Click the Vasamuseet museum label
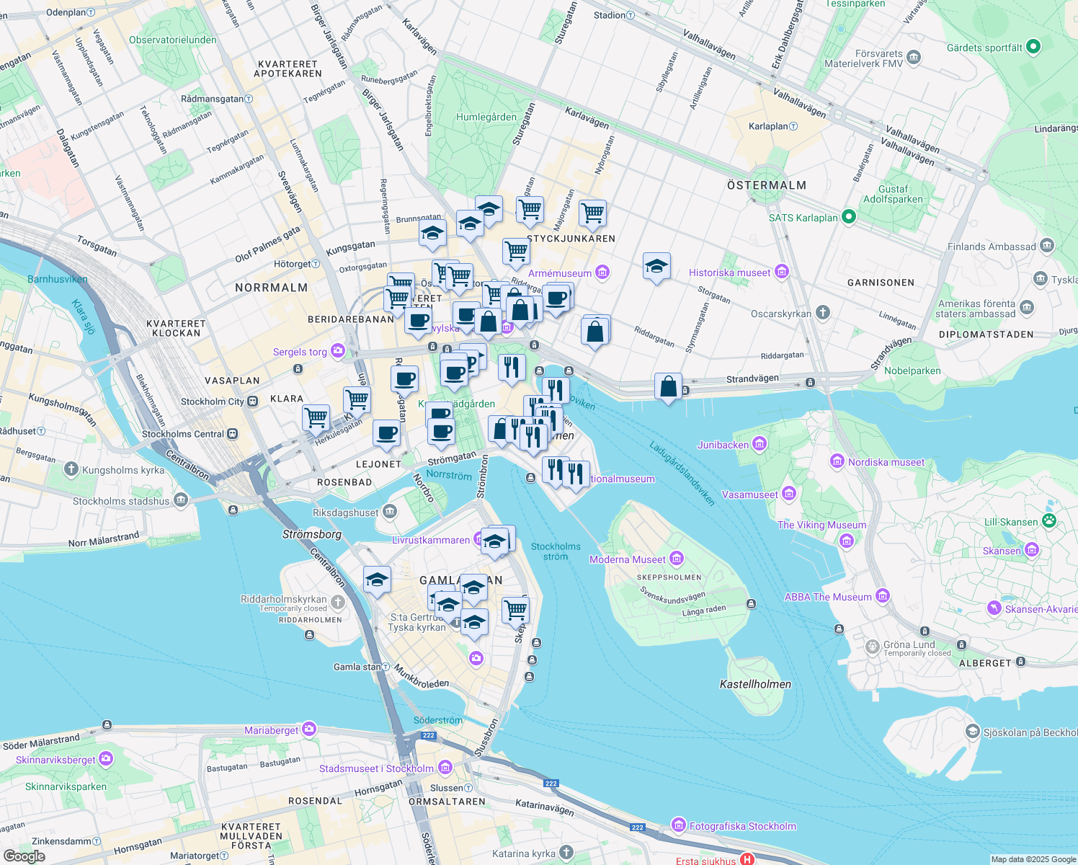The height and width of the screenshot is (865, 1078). pyautogui.click(x=749, y=494)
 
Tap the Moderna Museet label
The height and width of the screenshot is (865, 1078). pyautogui.click(x=627, y=559)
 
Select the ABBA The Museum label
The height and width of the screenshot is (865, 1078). pyautogui.click(x=827, y=597)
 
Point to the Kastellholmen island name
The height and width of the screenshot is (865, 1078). pyautogui.click(x=755, y=684)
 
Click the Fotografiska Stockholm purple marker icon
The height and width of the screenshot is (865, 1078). pyautogui.click(x=678, y=825)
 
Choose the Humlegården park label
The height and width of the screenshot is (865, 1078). pyautogui.click(x=486, y=117)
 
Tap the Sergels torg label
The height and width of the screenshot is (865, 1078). pyautogui.click(x=300, y=352)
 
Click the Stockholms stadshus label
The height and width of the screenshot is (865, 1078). pyautogui.click(x=121, y=501)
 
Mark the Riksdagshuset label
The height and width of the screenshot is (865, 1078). pyautogui.click(x=346, y=513)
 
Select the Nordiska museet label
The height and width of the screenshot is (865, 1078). pyautogui.click(x=886, y=462)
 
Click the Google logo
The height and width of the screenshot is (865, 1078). pyautogui.click(x=24, y=856)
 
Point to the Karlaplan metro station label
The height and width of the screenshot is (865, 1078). pyautogui.click(x=768, y=126)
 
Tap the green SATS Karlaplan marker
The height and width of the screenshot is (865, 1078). pyautogui.click(x=848, y=216)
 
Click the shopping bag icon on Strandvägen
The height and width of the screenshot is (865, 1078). pyautogui.click(x=668, y=387)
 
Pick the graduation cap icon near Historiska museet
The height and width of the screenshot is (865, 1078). pyautogui.click(x=656, y=267)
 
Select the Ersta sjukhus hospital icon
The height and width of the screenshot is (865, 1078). pyautogui.click(x=747, y=859)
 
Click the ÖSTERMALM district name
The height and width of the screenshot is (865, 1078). pyautogui.click(x=766, y=185)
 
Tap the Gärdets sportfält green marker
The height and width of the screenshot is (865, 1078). pyautogui.click(x=1033, y=47)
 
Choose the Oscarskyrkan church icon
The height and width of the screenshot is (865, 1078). pyautogui.click(x=823, y=313)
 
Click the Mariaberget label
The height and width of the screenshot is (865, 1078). pyautogui.click(x=271, y=730)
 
